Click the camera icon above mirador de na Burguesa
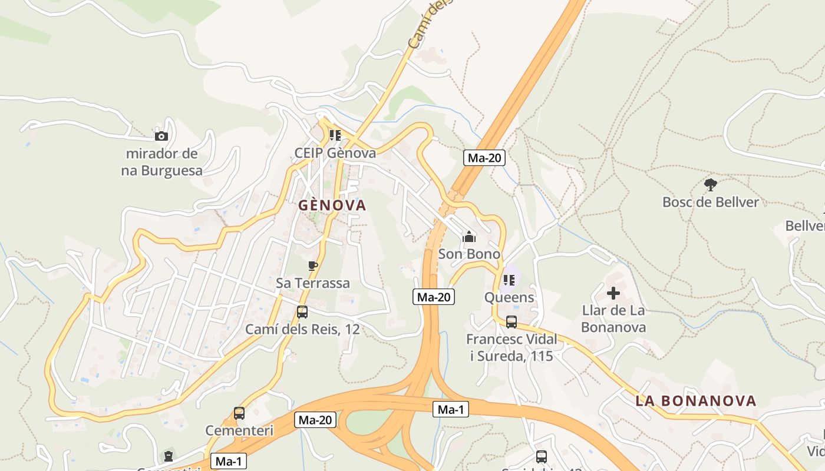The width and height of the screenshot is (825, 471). point(161,136)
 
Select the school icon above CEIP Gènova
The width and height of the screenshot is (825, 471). point(335,135)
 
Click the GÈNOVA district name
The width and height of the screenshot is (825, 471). point(332,205)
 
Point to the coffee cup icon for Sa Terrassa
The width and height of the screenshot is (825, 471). point(313,266)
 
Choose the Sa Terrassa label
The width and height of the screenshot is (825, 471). point(313,283)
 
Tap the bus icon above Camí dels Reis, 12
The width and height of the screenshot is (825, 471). point(302,312)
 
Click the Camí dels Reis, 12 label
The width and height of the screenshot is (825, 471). point(302,329)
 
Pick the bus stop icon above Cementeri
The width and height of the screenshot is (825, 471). point(239,413)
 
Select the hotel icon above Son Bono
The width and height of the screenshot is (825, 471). point(469,237)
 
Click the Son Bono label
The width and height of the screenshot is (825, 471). point(469,254)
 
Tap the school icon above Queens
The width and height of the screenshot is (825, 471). point(509,280)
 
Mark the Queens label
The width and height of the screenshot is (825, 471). point(509,297)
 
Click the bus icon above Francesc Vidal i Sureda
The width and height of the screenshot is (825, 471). point(511,322)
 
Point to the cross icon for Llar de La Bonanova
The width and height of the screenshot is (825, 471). point(613,293)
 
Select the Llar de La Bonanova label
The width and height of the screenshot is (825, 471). point(613,319)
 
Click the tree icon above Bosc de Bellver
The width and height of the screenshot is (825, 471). point(711,185)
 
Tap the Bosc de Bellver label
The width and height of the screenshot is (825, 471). point(711,202)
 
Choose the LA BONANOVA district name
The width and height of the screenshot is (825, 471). point(696,401)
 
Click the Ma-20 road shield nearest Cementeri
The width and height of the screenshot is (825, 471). point(316,420)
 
